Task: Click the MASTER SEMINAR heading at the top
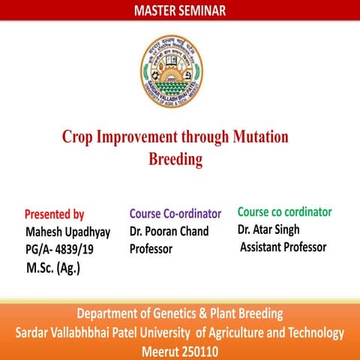pos(179,10)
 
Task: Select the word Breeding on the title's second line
pos(175,159)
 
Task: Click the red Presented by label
pos(55,214)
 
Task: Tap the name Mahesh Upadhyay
pos(68,232)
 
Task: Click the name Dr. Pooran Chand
pos(169,231)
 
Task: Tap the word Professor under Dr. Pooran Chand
pos(151,248)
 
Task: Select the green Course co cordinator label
pos(284,211)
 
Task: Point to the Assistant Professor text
pos(283,247)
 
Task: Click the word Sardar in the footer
pos(36,332)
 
